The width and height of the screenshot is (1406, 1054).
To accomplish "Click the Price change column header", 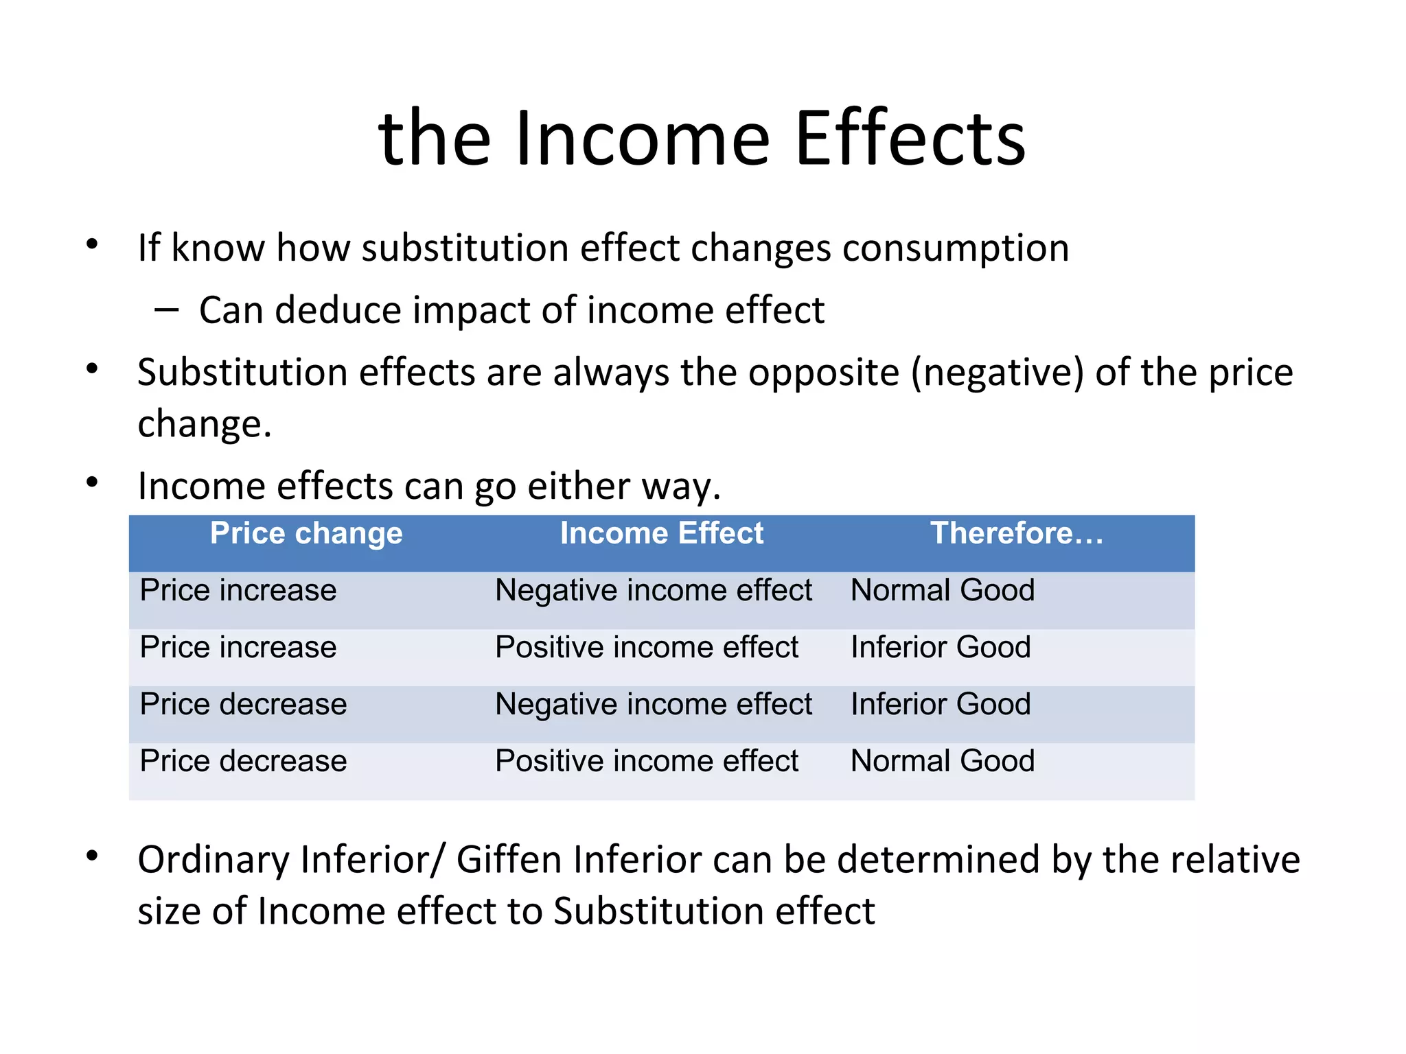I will click(x=306, y=533).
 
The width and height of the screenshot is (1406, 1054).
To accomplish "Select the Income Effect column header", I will click(x=661, y=533).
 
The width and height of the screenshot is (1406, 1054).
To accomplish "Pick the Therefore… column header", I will click(x=1017, y=533).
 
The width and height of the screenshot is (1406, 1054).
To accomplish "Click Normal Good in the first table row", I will click(x=942, y=590).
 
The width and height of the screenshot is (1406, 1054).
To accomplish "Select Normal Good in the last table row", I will click(x=942, y=761).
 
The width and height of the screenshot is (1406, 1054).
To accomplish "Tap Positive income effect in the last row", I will click(x=647, y=761).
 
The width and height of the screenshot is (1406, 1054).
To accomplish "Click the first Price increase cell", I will click(x=238, y=590).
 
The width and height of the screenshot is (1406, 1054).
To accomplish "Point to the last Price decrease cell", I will click(x=243, y=761).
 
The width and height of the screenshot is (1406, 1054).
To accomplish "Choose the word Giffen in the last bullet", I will click(x=509, y=860).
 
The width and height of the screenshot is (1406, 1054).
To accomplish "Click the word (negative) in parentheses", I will click(x=997, y=373).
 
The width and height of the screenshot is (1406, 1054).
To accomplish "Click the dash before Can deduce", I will click(x=166, y=310).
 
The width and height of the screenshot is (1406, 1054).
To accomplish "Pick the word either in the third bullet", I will click(x=579, y=487).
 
